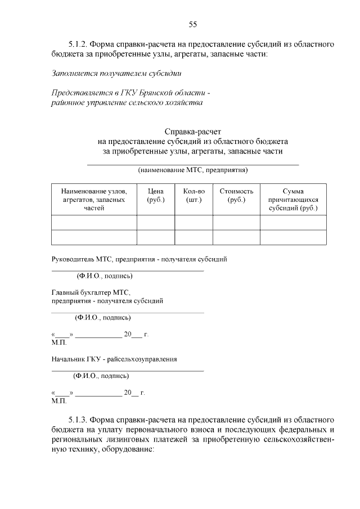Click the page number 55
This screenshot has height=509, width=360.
pos(192,24)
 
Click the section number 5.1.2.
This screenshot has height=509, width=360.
pos(77,44)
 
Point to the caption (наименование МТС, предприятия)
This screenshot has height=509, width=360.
pos(193,169)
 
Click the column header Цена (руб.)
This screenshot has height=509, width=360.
pos(155,195)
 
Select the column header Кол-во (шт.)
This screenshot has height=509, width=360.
pos(193,195)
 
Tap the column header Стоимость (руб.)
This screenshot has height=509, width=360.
pos(236,195)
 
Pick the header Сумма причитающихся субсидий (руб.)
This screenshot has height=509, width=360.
pos(292,200)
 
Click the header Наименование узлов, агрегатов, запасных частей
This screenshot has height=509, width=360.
pos(94,200)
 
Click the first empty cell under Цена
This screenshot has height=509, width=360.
pos(155,223)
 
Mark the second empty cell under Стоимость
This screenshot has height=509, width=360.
pos(236,237)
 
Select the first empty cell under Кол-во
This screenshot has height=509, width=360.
pos(193,223)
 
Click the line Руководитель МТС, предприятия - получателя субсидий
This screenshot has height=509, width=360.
pos(139,259)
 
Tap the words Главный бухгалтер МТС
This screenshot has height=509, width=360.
pos(91,292)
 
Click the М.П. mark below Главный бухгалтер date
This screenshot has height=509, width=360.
pos(58,342)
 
